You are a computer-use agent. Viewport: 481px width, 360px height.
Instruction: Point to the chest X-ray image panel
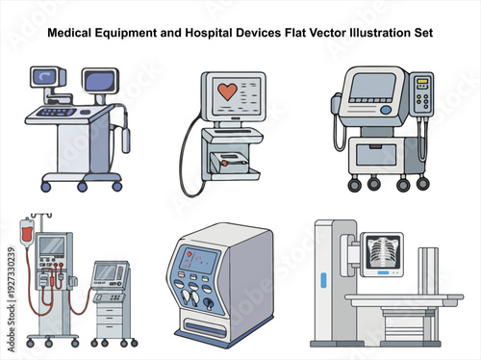[379, 254]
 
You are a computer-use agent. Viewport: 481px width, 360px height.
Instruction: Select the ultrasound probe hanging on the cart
[124, 139]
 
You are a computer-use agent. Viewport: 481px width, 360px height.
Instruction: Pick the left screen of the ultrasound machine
[44, 78]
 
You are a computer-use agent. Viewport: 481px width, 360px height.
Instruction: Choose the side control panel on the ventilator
[421, 95]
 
